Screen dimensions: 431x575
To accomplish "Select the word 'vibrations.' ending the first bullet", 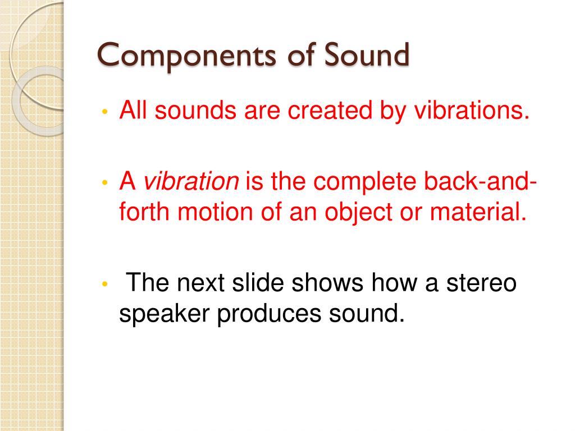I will click(472, 111).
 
